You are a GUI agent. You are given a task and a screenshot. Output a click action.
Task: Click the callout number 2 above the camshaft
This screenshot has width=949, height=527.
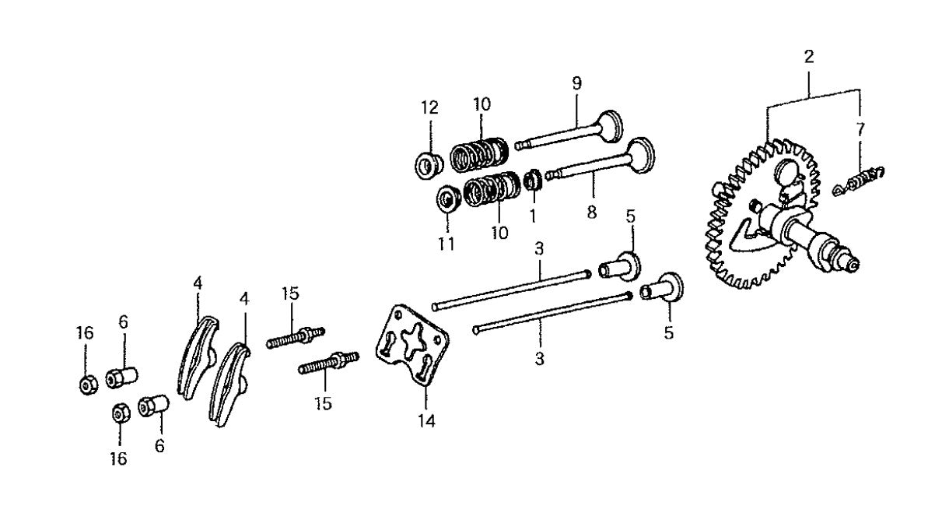pyautogui.click(x=809, y=56)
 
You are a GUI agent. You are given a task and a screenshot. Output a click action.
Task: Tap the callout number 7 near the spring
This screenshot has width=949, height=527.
pyautogui.click(x=860, y=128)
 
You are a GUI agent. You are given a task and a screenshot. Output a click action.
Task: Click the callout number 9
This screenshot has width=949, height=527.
pyautogui.click(x=576, y=82)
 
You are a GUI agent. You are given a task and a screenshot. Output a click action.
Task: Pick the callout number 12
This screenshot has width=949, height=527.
pyautogui.click(x=430, y=107)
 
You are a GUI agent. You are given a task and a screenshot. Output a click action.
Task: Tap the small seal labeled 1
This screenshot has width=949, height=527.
pyautogui.click(x=533, y=181)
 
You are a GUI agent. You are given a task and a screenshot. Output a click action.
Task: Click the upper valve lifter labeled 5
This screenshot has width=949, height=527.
pyautogui.click(x=620, y=265)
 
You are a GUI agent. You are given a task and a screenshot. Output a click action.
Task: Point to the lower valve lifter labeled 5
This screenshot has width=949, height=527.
pyautogui.click(x=662, y=289)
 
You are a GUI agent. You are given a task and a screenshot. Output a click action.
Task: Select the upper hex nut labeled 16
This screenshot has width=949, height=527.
pyautogui.click(x=88, y=384)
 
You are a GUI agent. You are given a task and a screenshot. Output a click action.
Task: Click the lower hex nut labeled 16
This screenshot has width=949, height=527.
pyautogui.click(x=121, y=413)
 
